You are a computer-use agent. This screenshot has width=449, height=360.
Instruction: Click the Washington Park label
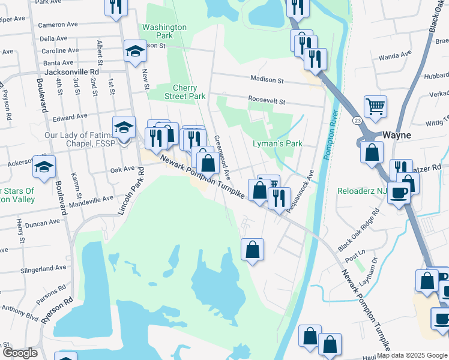coord(164,32)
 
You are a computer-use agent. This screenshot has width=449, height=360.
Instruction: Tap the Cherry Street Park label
coord(185,92)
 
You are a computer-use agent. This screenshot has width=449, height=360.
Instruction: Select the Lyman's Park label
coord(277,144)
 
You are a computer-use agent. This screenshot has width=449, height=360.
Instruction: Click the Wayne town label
coord(397,135)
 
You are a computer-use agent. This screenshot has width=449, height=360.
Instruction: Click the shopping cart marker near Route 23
coord(375,107)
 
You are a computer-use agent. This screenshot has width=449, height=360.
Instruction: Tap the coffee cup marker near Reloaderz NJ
coord(399,193)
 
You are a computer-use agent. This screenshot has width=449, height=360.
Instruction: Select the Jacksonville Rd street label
coord(91,71)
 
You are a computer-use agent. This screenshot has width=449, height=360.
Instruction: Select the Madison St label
coord(267,79)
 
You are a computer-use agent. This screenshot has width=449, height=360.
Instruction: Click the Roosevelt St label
coord(267,102)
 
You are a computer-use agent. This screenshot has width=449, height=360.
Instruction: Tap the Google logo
coord(19,353)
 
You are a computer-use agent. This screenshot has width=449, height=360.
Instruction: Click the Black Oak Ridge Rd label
coord(359,230)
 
